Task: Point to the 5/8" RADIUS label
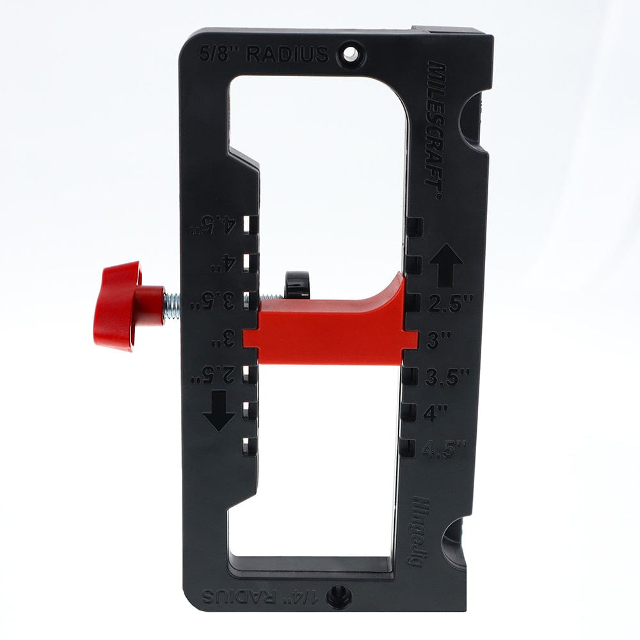[x=263, y=54]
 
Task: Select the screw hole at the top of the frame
[x=350, y=54]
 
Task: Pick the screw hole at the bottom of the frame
[x=338, y=597]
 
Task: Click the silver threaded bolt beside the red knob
[x=172, y=305]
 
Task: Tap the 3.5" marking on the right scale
[x=447, y=377]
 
